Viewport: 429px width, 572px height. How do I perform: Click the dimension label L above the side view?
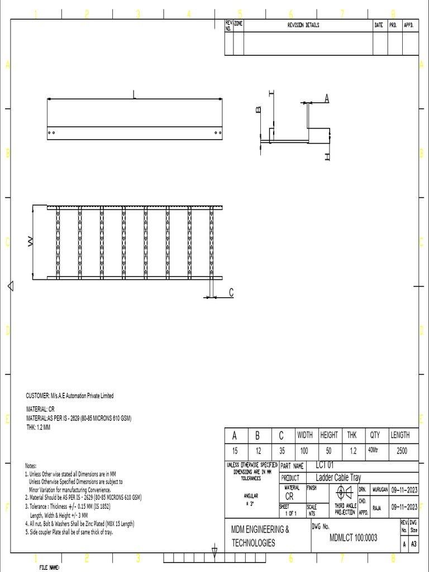[x=134, y=95]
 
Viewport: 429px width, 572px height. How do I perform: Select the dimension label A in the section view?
[x=327, y=99]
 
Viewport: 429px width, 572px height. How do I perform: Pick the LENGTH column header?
[x=399, y=435]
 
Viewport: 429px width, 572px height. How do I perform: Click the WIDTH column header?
[x=304, y=435]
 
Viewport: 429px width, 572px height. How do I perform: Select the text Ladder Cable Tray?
[x=339, y=478]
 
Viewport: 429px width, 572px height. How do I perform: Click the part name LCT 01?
[x=325, y=465]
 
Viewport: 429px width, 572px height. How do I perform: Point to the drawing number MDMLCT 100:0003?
[x=354, y=538]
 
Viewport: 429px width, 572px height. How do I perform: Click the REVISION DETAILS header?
[x=303, y=26]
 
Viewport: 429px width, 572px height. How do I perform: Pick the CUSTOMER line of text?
[x=70, y=395]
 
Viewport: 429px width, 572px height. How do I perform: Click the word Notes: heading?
[x=31, y=465]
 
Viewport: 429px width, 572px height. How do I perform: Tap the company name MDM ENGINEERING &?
[x=260, y=529]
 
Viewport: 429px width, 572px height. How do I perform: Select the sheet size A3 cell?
[x=413, y=544]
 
